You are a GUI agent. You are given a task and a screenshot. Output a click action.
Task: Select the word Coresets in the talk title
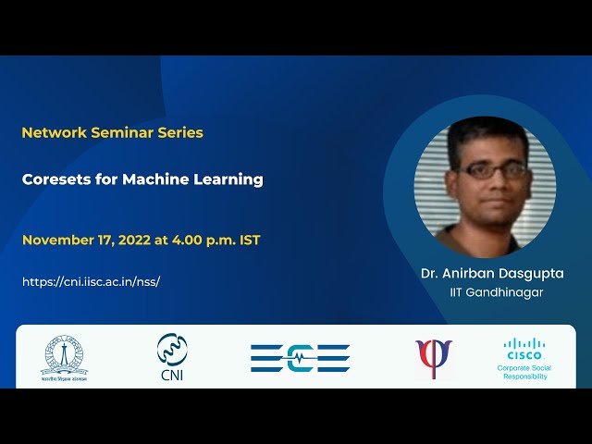point(55,179)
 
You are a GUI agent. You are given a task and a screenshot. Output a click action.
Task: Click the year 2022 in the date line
point(135,240)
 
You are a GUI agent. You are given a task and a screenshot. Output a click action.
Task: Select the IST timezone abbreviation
point(250,240)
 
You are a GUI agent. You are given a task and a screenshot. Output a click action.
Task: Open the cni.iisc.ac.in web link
point(91,281)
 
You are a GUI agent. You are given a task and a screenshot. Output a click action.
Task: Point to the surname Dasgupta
point(532,274)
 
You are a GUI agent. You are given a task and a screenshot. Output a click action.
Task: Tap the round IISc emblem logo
point(64,355)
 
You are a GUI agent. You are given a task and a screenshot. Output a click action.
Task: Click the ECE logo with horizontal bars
point(300,358)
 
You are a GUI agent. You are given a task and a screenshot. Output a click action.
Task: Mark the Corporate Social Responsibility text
point(524,373)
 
